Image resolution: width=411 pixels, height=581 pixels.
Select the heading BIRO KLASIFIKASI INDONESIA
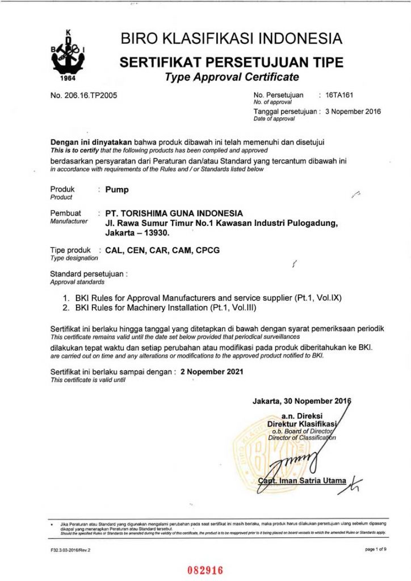click(x=232, y=39)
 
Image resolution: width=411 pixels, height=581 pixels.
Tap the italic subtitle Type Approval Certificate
click(x=232, y=77)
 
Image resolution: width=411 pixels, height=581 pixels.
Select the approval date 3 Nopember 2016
click(x=353, y=112)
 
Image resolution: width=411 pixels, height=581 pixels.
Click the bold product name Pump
click(x=117, y=190)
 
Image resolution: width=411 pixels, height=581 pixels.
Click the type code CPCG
click(x=208, y=250)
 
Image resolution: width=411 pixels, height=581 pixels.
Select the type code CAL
click(x=115, y=250)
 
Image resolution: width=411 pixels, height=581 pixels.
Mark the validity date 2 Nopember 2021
click(x=212, y=372)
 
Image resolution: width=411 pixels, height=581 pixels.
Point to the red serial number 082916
click(x=205, y=570)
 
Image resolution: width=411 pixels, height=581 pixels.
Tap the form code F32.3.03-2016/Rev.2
click(x=70, y=550)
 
